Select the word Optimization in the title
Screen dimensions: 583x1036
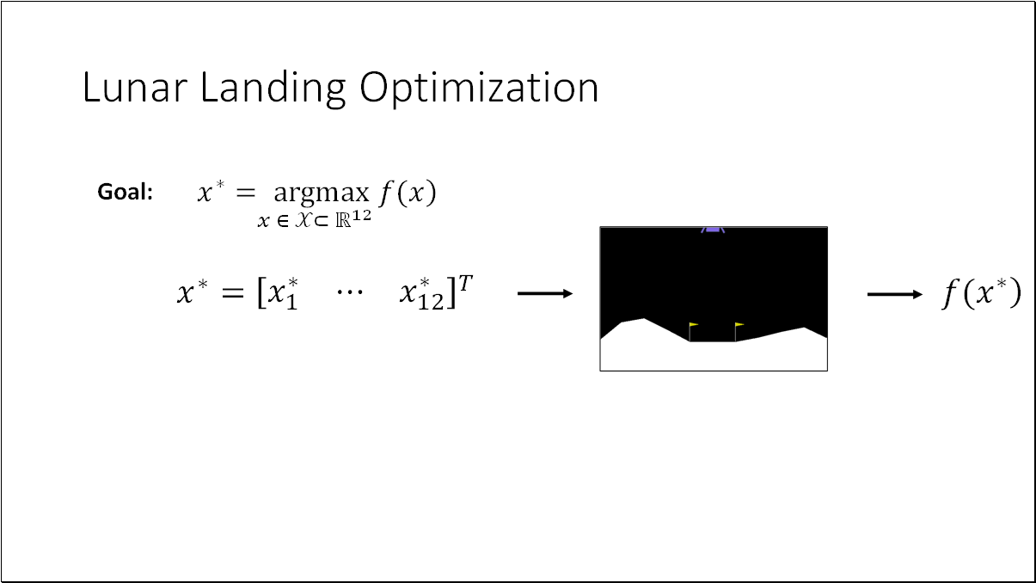click(x=479, y=88)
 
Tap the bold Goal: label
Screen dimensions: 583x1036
click(x=125, y=193)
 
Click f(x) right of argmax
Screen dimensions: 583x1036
click(x=408, y=193)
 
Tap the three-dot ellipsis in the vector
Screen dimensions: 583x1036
click(x=349, y=294)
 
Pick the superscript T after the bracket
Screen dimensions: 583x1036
click(x=464, y=283)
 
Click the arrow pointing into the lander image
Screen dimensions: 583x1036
click(x=545, y=294)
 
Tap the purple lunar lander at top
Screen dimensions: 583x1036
click(x=713, y=230)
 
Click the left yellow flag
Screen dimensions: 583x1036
click(x=693, y=326)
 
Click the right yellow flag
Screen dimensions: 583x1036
click(x=739, y=326)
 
